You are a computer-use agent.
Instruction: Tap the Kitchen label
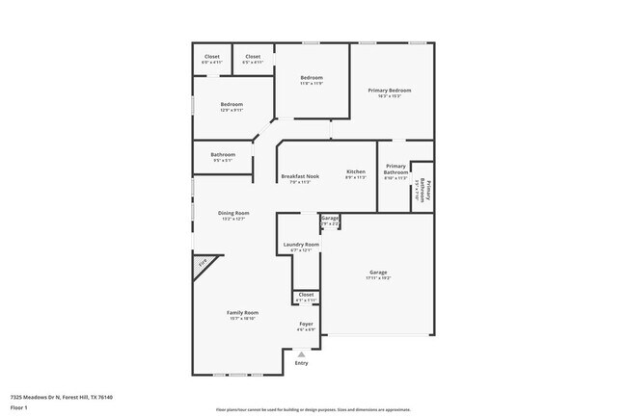(356, 172)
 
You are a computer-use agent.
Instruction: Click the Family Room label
(242, 313)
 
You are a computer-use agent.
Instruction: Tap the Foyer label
(306, 325)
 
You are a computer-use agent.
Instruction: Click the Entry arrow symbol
(301, 354)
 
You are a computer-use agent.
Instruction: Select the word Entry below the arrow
(302, 363)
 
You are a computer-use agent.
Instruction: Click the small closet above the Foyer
(306, 295)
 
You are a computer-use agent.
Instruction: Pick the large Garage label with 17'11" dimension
(378, 273)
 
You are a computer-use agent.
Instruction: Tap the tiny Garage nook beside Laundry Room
(331, 220)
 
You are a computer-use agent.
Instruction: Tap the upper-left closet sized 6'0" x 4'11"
(211, 58)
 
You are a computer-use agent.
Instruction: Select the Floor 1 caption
(19, 407)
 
